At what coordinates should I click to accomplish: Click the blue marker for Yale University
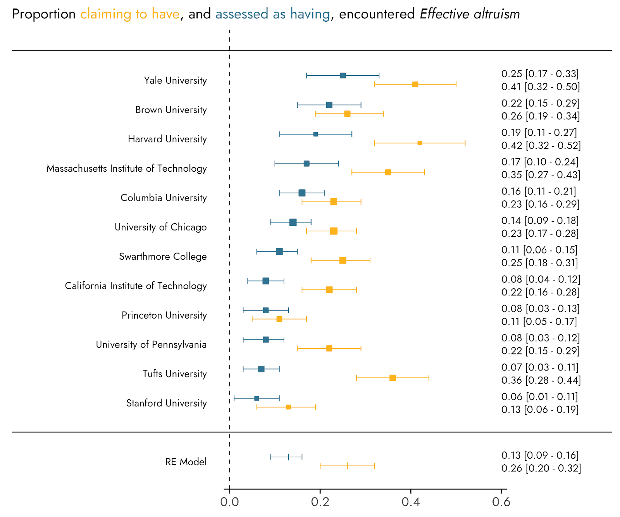point(343,76)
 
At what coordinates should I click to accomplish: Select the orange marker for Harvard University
point(420,143)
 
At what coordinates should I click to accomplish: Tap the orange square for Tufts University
point(393,378)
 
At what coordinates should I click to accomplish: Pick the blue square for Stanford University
point(257,398)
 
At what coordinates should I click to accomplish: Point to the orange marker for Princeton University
point(279,319)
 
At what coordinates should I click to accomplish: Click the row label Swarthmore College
point(163,257)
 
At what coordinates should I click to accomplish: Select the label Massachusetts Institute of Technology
point(127,169)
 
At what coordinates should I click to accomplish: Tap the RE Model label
point(186,462)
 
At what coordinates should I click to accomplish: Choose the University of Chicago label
point(160,227)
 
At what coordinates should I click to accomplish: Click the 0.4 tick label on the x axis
point(410,502)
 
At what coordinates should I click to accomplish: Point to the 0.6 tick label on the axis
point(501,502)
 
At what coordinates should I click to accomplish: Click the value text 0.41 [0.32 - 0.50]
point(541,87)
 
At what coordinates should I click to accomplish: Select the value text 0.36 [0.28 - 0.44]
point(541,380)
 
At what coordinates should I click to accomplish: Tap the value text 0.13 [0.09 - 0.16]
point(540,455)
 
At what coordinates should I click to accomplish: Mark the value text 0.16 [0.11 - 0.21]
point(539,191)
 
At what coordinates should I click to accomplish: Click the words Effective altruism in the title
point(470,14)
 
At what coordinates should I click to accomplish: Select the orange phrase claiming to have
point(130,14)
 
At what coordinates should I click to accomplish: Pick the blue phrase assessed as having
point(273,14)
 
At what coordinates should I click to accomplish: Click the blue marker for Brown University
point(329,105)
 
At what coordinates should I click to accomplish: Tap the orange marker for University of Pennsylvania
point(329,348)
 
